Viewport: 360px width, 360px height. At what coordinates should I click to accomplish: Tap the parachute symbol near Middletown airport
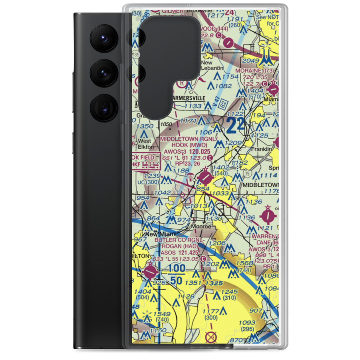pos(188,176)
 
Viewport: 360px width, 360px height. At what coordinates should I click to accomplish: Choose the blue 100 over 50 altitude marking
pos(176,274)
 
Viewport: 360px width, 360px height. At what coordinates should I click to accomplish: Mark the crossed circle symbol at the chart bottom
pos(211,337)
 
